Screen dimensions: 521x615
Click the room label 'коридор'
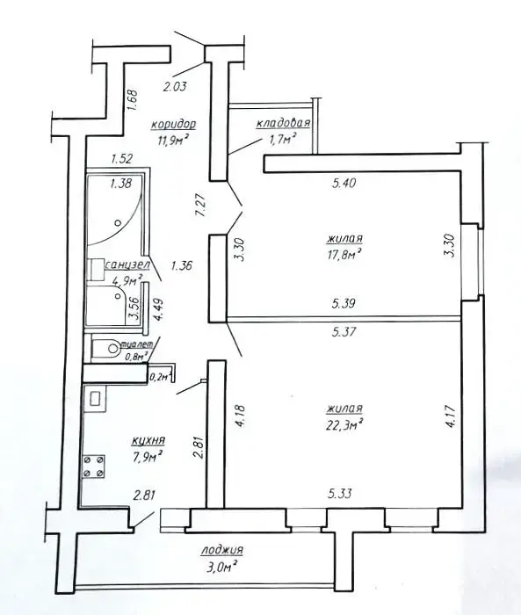coord(174,125)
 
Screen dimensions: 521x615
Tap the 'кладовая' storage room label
coord(283,123)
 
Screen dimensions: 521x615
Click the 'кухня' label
coord(148,440)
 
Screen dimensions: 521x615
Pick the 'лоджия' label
coord(222,550)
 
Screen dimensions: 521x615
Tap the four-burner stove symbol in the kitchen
coord(93,467)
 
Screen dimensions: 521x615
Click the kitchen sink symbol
coord(95,398)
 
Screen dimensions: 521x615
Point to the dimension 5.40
coord(344,183)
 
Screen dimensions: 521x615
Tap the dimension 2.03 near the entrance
coord(175,86)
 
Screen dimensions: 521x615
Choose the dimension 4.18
coord(241,417)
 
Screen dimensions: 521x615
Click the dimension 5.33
coord(340,494)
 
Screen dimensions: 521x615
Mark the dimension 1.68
coord(132,101)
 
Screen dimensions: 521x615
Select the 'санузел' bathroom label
coord(127,265)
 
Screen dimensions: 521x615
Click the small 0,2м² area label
coord(161,377)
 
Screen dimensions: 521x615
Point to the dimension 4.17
coord(451,417)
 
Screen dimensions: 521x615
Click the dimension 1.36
coord(181,266)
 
